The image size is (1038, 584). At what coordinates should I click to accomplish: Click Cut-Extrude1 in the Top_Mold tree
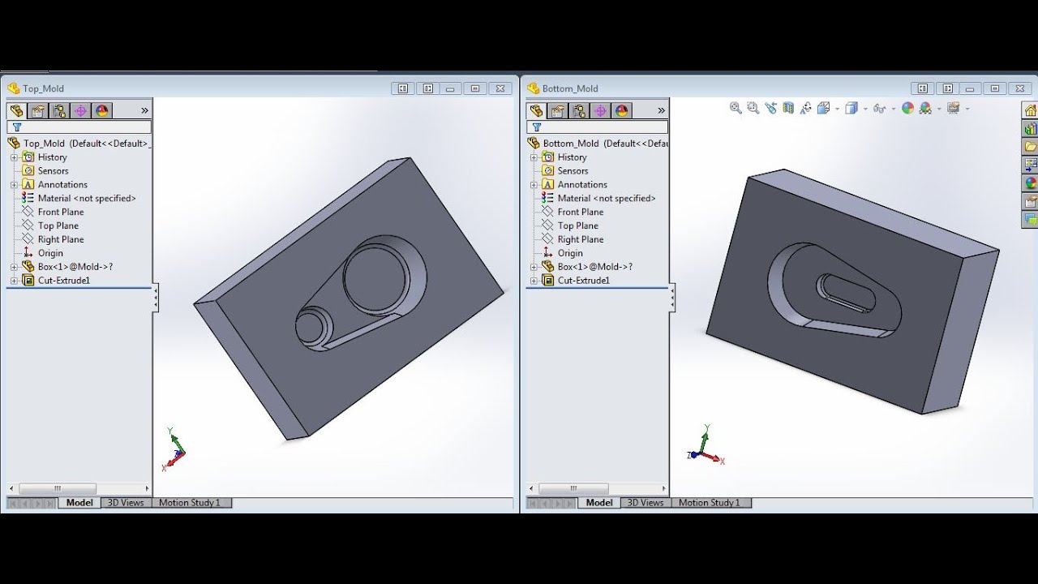click(63, 281)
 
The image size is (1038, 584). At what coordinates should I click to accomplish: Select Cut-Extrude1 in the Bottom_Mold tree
click(583, 281)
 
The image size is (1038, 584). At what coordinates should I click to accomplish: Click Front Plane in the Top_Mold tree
click(60, 212)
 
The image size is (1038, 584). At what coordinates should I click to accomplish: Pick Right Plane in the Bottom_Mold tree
click(580, 239)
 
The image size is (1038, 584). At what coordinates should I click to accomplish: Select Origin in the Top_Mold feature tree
click(50, 253)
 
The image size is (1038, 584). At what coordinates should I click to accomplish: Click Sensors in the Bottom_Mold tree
click(573, 171)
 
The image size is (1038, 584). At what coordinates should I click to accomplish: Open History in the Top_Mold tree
click(52, 157)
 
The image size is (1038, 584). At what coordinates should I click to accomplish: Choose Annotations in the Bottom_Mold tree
click(581, 185)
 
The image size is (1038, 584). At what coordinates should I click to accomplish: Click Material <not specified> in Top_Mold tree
click(86, 198)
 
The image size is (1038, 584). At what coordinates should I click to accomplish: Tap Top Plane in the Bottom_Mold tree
click(577, 225)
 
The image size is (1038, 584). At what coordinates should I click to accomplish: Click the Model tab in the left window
click(79, 503)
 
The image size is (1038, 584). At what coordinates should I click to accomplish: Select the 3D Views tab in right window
click(646, 503)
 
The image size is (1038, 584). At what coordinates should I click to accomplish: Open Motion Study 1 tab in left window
click(189, 503)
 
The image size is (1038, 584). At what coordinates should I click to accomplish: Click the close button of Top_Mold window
click(501, 88)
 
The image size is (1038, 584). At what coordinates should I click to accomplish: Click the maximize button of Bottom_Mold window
click(995, 88)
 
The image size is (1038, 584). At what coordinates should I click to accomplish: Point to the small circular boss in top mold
click(311, 328)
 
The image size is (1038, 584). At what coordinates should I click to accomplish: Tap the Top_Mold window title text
click(43, 88)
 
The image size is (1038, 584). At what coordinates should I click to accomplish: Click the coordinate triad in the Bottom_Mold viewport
click(705, 445)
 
